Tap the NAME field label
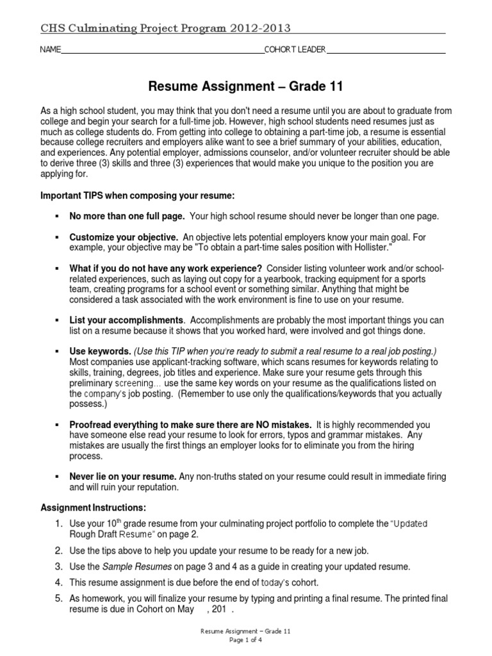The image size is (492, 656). tap(50, 50)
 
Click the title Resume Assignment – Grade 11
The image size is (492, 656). tap(246, 86)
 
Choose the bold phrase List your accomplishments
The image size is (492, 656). tap(126, 320)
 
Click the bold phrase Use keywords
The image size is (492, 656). tap(100, 352)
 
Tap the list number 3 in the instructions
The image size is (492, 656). tap(58, 566)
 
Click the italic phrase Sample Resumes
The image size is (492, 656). tap(134, 566)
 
